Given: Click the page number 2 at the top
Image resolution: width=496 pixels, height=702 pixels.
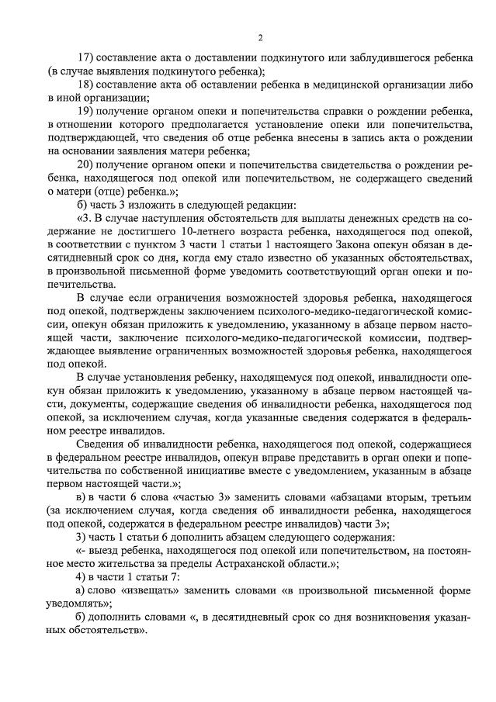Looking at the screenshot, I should (261, 36).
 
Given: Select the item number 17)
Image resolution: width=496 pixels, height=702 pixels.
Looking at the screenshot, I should (87, 58).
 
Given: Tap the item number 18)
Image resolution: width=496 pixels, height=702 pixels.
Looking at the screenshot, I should (87, 85).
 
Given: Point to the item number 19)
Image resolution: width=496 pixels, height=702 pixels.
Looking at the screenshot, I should (87, 112).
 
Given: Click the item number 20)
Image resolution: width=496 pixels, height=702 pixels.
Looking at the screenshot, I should (87, 164).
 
